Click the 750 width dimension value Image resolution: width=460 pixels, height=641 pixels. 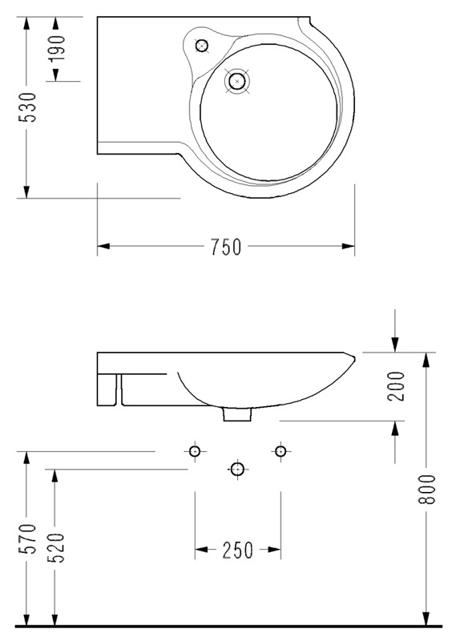[x=226, y=247]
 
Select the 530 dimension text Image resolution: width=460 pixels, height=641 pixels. [x=28, y=107]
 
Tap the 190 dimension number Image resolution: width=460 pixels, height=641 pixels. [x=57, y=49]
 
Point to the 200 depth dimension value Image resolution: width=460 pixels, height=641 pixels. [x=396, y=386]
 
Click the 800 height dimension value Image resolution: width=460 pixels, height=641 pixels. [x=428, y=490]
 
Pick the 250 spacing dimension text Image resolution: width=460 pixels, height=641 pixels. [x=237, y=550]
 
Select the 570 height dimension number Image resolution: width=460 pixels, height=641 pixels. [x=28, y=538]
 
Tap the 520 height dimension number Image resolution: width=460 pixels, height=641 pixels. [x=56, y=548]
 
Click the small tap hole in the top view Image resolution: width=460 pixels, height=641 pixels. [x=202, y=46]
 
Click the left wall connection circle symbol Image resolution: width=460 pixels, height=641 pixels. [x=195, y=452]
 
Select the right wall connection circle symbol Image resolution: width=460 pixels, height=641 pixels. [x=280, y=452]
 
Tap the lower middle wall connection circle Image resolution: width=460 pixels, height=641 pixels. [x=236, y=470]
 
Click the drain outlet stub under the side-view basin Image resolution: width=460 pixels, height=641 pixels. [x=236, y=414]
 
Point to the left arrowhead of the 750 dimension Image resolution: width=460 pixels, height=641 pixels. [x=103, y=246]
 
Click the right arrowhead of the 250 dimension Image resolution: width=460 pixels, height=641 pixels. [x=275, y=550]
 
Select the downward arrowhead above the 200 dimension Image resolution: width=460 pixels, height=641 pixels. [x=394, y=345]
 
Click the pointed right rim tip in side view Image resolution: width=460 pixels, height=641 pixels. [x=354, y=358]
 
